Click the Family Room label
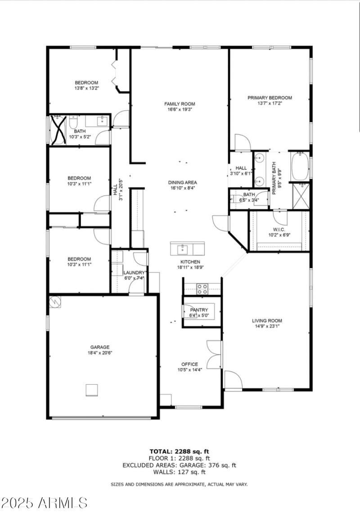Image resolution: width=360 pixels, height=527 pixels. (x=180, y=104)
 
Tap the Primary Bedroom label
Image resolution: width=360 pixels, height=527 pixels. (x=270, y=98)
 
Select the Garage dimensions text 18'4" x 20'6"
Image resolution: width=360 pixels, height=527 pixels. (x=100, y=353)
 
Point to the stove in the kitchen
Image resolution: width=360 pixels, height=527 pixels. (x=202, y=289)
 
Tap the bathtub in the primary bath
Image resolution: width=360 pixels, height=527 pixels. (x=300, y=167)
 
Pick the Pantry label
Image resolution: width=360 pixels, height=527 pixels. (x=199, y=310)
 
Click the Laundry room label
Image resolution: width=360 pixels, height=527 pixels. (x=134, y=273)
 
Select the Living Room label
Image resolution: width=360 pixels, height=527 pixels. (x=267, y=320)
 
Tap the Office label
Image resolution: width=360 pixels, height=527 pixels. (x=189, y=365)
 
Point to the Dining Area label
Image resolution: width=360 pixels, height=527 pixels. (x=183, y=183)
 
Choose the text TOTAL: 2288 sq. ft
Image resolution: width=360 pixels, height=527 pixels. (x=180, y=451)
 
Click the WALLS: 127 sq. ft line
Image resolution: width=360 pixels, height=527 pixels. (x=180, y=472)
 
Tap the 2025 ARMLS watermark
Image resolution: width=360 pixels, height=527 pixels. (x=44, y=503)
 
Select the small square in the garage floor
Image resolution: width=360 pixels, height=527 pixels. (x=92, y=390)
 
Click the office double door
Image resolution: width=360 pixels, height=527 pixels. (x=214, y=354)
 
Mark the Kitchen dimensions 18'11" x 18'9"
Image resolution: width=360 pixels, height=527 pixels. (x=191, y=267)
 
